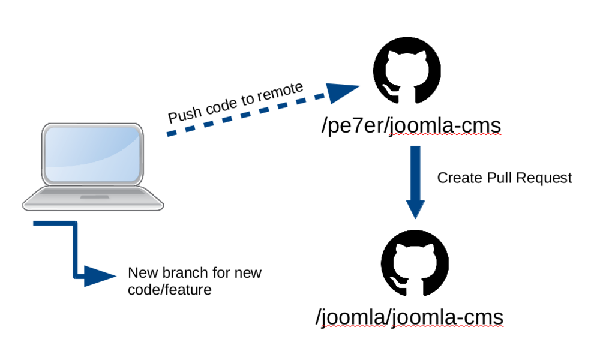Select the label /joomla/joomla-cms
tap(409, 317)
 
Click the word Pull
tap(497, 178)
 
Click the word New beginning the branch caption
tap(140, 274)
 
